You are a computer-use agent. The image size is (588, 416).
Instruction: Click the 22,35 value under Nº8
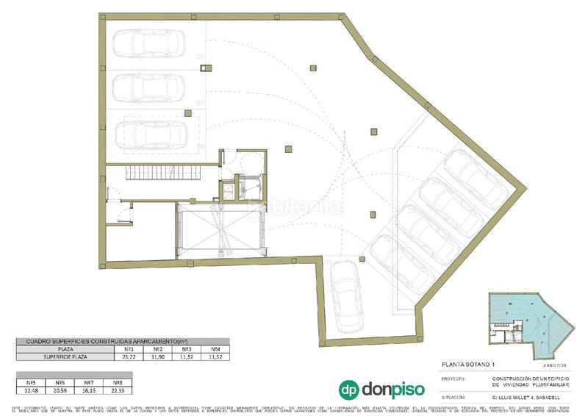[x=118, y=390]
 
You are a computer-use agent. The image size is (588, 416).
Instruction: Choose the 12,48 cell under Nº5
[x=31, y=390]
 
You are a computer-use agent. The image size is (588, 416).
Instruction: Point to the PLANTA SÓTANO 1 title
[x=468, y=365]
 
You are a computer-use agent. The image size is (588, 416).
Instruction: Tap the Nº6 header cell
[x=60, y=382]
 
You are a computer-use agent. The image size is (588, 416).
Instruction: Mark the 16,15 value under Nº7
[x=89, y=390]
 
